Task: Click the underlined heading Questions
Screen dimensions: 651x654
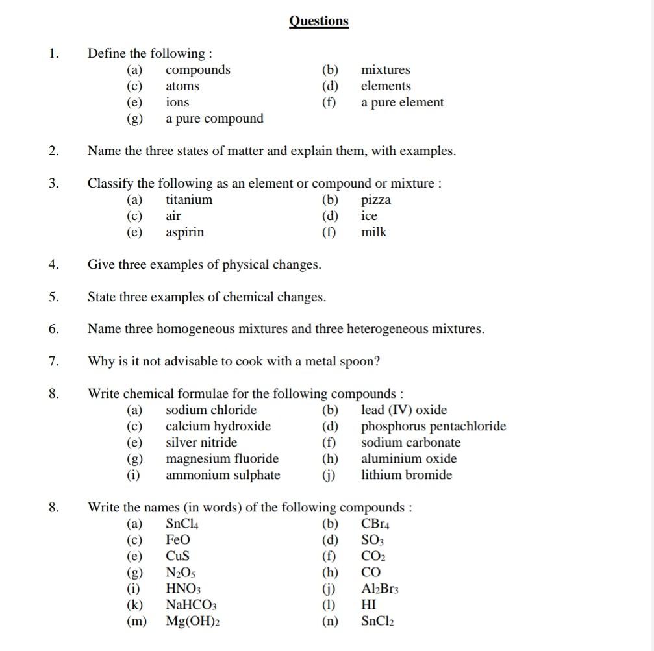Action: click(x=318, y=21)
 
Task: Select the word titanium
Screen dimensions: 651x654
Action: click(x=189, y=200)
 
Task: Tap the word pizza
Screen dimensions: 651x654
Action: click(x=376, y=201)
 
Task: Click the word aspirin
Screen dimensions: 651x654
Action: click(x=184, y=232)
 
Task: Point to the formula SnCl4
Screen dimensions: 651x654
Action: click(x=182, y=524)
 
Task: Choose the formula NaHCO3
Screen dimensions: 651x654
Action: click(x=191, y=605)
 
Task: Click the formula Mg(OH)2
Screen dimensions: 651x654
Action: click(x=193, y=621)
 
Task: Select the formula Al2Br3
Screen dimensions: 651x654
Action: click(x=380, y=589)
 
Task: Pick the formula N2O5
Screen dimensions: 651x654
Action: click(x=181, y=572)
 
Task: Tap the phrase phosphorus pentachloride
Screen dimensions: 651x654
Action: click(x=433, y=426)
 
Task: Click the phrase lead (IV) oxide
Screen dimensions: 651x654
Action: click(x=404, y=410)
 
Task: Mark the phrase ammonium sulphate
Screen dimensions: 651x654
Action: click(x=223, y=475)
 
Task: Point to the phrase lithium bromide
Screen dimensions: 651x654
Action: click(x=407, y=475)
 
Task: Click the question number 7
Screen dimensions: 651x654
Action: click(x=53, y=362)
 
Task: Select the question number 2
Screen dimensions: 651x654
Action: click(x=53, y=151)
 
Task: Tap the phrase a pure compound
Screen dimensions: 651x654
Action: click(x=214, y=119)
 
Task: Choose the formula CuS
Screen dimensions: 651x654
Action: click(x=177, y=556)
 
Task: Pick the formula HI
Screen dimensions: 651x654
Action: click(x=368, y=605)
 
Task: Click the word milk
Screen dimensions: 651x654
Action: click(x=373, y=232)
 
